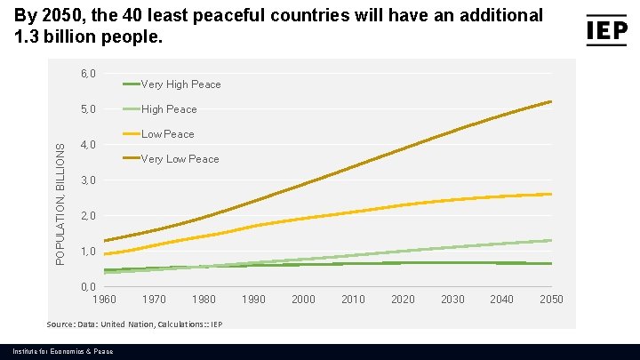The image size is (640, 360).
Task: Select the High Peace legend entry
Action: click(169, 109)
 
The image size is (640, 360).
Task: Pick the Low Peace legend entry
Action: click(167, 134)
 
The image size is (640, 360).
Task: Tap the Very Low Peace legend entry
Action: click(180, 159)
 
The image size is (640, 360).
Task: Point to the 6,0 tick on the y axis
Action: click(88, 74)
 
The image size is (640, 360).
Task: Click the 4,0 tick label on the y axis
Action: click(88, 145)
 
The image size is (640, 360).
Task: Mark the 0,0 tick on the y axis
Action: click(88, 287)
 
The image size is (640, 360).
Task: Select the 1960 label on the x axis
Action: click(105, 300)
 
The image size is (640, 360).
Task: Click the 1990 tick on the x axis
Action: click(254, 300)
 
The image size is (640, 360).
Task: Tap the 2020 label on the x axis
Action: click(403, 300)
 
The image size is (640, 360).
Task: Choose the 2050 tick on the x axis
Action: click(551, 300)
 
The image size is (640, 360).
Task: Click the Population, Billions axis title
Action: click(60, 205)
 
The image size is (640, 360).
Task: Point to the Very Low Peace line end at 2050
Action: click(551, 101)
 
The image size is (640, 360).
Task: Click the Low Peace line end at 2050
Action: click(551, 194)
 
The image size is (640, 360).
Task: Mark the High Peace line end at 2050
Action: click(551, 240)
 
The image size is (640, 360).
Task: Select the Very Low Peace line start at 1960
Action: click(105, 241)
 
